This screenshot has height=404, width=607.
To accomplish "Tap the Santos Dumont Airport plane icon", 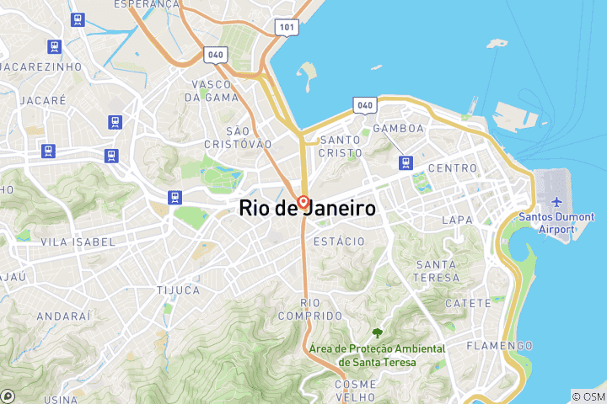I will (556, 203).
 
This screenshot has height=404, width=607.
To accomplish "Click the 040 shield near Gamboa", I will (364, 105).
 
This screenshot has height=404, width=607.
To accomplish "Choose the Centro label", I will (453, 168).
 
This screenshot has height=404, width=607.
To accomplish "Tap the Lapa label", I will (457, 221).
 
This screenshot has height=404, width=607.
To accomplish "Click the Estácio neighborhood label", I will (338, 242).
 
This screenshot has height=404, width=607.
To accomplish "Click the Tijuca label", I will (178, 290).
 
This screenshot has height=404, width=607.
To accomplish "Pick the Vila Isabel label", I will (78, 242).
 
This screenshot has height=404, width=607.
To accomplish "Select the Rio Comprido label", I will (310, 309).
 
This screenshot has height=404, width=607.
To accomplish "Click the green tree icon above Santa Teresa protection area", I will (376, 334).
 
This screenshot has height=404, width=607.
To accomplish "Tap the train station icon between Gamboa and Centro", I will (407, 162).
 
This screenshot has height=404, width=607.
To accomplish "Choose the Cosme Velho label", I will (355, 391).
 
